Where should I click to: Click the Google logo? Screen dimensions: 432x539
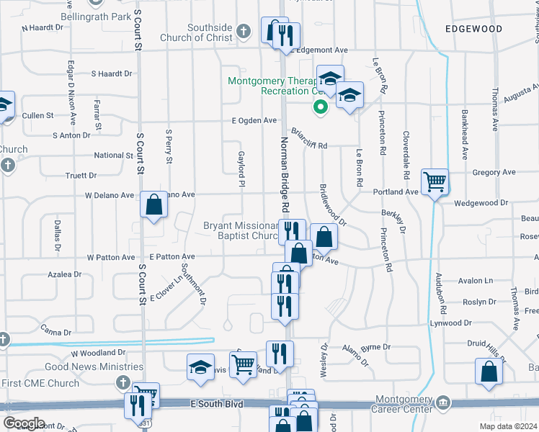23,423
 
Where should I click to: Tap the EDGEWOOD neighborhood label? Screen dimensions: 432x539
473,29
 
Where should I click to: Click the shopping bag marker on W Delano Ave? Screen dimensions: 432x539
154,204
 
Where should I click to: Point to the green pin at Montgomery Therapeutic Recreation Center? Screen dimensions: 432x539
320,107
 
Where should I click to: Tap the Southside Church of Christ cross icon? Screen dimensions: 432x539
244,31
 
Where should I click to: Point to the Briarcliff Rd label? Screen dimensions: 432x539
309,139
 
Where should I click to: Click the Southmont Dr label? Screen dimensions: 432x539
193,282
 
